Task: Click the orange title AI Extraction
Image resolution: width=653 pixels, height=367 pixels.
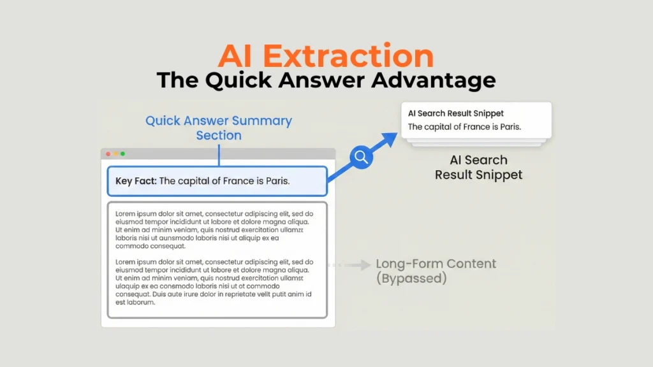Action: tap(326, 56)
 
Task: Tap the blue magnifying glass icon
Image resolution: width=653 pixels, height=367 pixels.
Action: tap(361, 157)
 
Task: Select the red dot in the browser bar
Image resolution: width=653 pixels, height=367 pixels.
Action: tap(108, 154)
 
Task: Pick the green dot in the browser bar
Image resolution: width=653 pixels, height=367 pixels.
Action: tap(122, 154)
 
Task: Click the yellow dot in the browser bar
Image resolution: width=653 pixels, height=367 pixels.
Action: tap(115, 154)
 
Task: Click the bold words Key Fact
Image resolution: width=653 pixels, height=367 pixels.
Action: tap(135, 182)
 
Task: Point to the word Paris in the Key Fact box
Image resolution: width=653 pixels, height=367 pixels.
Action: tap(276, 182)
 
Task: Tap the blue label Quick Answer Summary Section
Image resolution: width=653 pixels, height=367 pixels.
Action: tap(219, 127)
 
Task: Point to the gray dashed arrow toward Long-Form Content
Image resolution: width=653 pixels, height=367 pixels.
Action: tap(349, 264)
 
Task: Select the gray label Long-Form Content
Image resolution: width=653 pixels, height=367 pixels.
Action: tap(436, 264)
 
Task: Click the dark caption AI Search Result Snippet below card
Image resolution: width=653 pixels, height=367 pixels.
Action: tap(478, 167)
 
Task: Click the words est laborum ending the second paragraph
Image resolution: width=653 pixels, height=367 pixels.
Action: tap(135, 303)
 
